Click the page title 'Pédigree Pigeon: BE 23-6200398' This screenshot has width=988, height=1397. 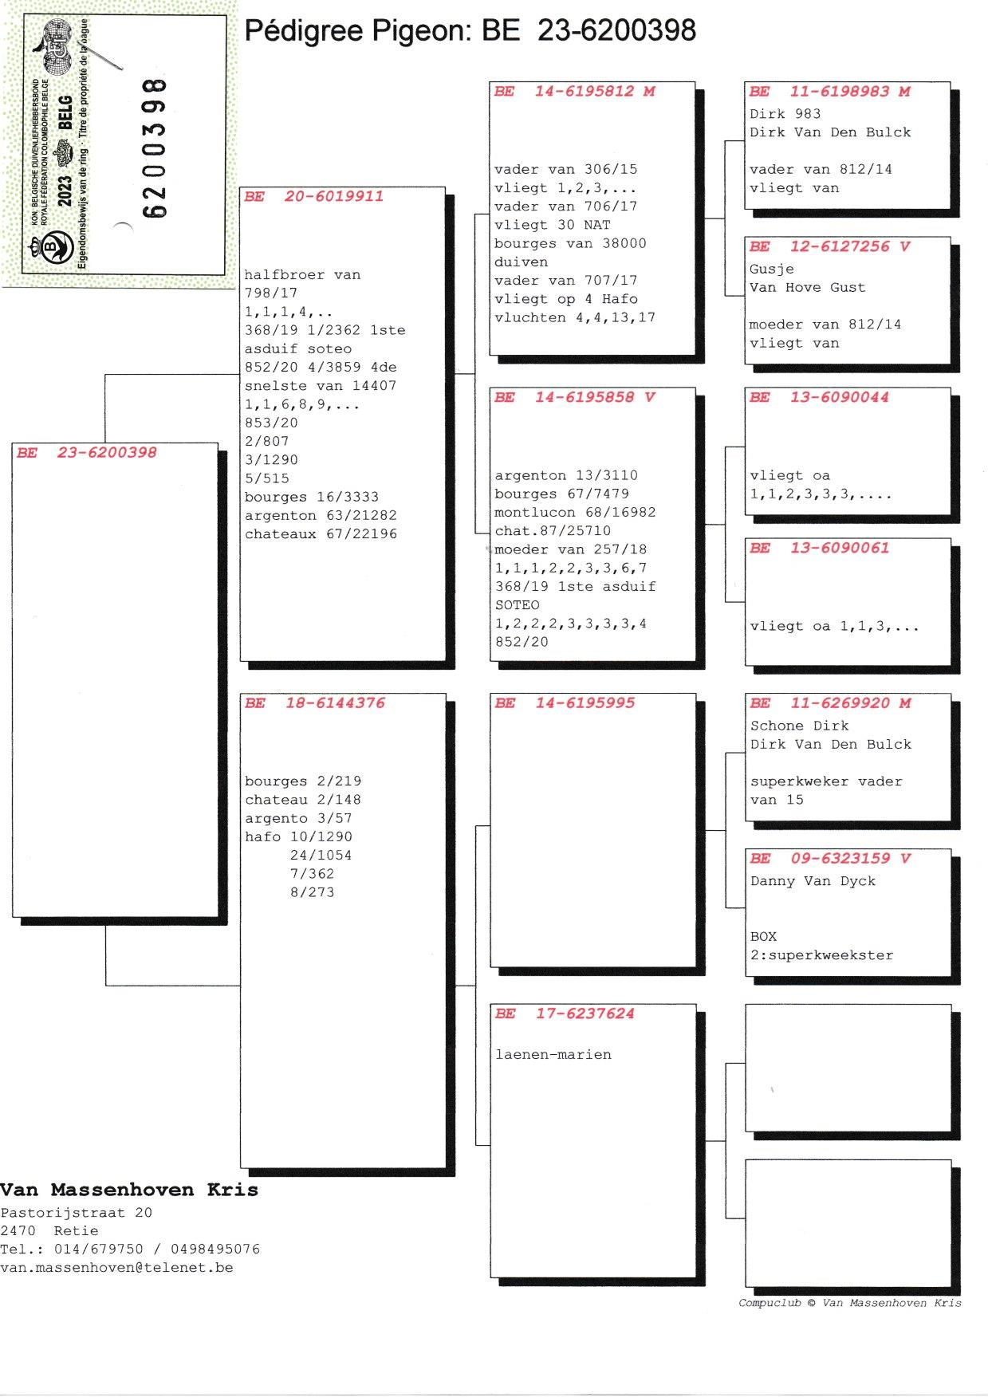[470, 31]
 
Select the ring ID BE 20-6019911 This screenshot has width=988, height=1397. [314, 197]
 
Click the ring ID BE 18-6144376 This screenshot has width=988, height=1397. [315, 703]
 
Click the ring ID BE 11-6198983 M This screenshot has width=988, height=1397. [829, 92]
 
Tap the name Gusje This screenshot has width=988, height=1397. [771, 270]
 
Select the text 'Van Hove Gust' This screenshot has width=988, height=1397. [807, 288]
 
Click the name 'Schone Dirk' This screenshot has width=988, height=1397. [799, 726]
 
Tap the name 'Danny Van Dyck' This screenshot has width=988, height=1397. [813, 881]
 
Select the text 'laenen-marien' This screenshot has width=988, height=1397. [553, 1055]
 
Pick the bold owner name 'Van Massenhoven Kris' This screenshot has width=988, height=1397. [129, 1190]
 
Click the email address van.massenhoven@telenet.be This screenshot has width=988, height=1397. [116, 1268]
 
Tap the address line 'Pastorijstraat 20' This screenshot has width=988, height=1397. [76, 1213]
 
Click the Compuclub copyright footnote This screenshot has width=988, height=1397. [849, 1303]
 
